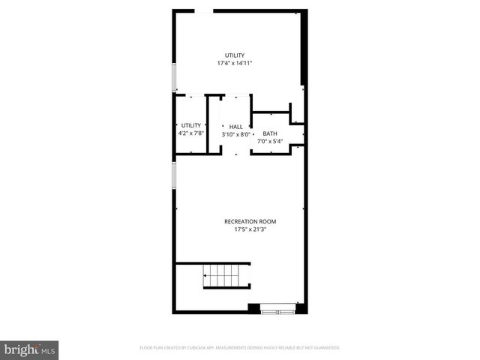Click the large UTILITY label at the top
(x=235, y=55)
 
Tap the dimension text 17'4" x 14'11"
(x=235, y=64)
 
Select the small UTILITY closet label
(x=190, y=125)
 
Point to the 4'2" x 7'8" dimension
(x=190, y=133)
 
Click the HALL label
(x=235, y=127)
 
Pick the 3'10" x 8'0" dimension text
(x=235, y=135)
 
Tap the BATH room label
(x=269, y=133)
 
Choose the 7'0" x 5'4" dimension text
(x=269, y=141)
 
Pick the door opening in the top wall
(x=202, y=11)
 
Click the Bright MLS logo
(x=30, y=349)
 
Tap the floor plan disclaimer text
(x=240, y=348)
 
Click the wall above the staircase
(x=212, y=262)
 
